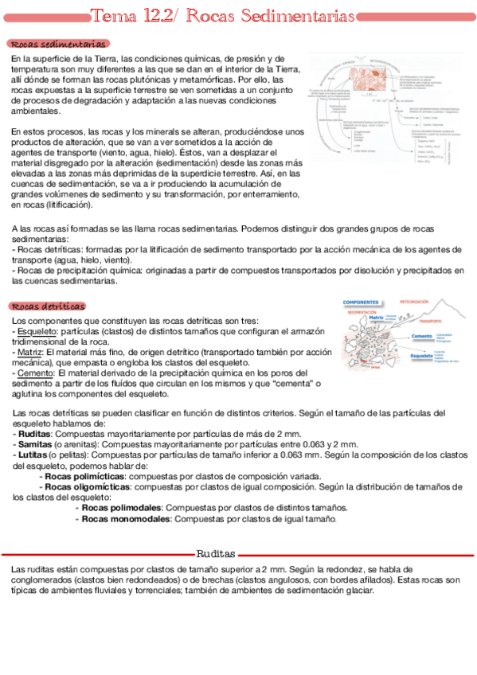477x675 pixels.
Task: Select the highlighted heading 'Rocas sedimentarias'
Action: [59, 45]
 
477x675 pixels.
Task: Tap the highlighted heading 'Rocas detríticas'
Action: [49, 306]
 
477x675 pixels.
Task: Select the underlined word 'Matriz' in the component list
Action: [30, 351]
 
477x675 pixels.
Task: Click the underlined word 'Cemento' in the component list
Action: [34, 372]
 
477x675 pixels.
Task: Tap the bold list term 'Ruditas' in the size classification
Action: [34, 434]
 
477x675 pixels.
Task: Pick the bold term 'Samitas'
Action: [35, 444]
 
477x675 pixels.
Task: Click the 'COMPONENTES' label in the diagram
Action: [360, 302]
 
